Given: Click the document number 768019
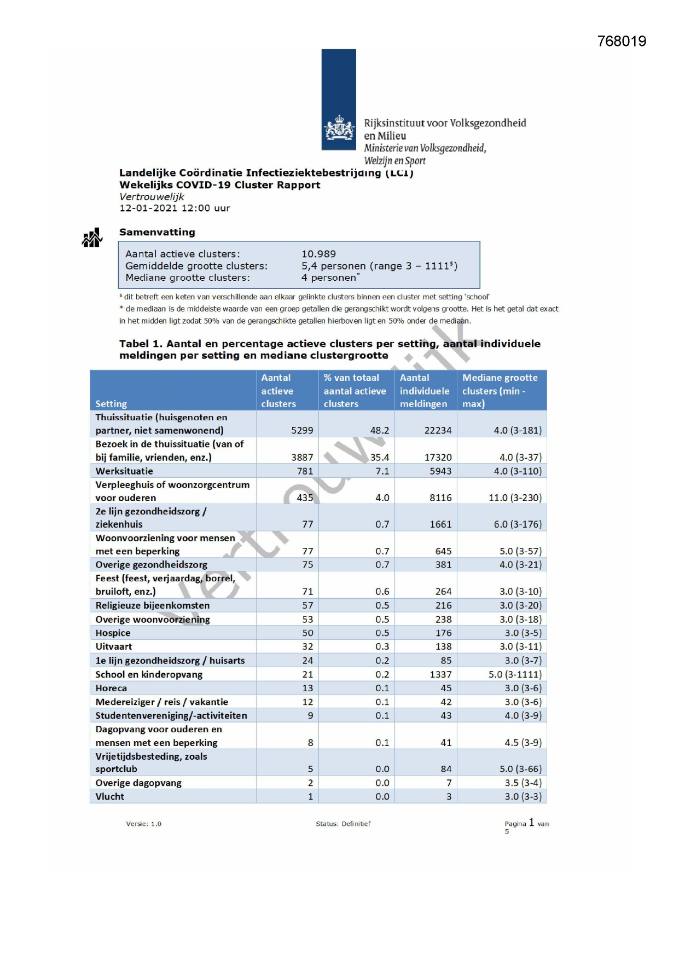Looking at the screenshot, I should click(622, 42).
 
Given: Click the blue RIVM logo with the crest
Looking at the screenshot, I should click(339, 100).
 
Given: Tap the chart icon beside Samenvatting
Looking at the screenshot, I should click(92, 238).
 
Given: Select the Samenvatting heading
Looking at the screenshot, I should click(157, 232).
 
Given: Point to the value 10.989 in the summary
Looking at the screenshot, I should click(318, 254).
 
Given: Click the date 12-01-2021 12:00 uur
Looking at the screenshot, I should click(175, 208).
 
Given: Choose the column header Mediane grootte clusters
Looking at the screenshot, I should click(500, 390).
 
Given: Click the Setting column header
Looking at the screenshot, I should click(111, 404).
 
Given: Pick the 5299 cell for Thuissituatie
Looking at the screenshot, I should click(302, 430).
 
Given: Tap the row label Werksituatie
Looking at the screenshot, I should click(124, 471).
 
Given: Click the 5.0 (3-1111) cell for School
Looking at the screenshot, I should click(515, 674).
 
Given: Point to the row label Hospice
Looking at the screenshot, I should click(113, 633).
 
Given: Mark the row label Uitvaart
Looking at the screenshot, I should click(114, 646).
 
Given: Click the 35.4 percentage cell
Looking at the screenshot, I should click(380, 457).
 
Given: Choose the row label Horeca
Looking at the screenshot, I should click(111, 688).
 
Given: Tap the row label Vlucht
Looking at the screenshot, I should click(109, 796).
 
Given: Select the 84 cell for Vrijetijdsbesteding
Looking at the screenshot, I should click(446, 769).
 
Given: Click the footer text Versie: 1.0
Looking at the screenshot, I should click(144, 824).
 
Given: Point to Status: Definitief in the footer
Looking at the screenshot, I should click(343, 824).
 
